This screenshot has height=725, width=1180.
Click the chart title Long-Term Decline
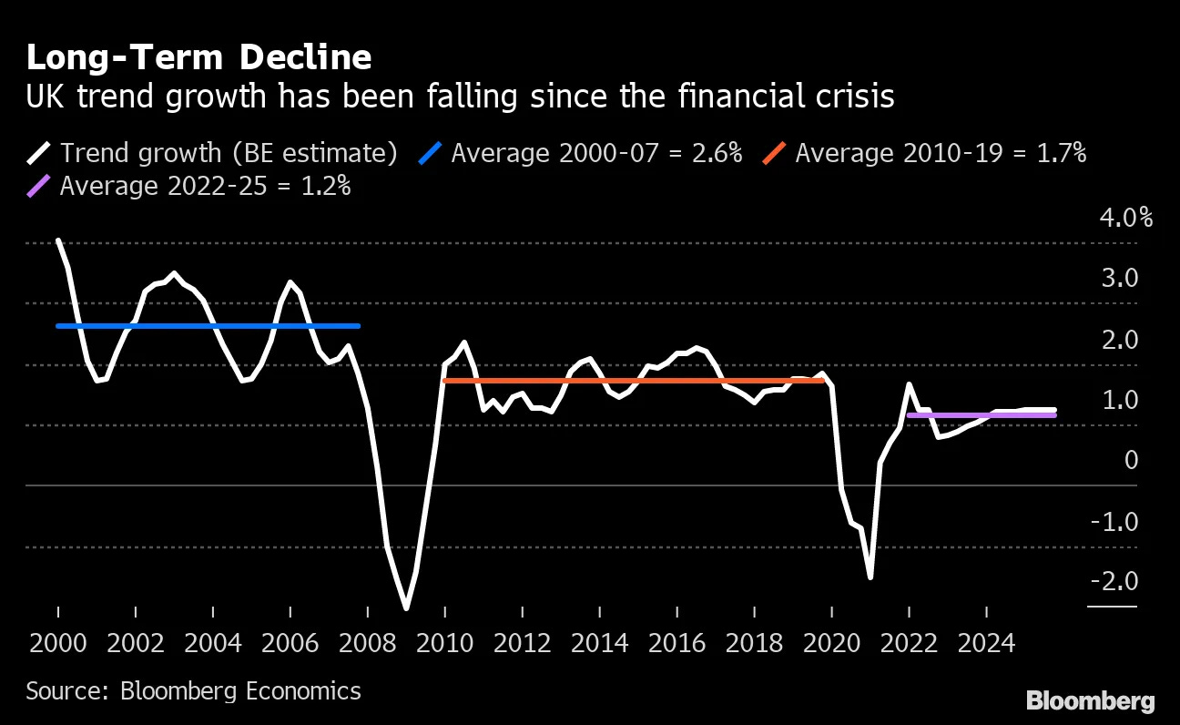(198, 57)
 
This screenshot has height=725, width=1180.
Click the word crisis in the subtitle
(847, 97)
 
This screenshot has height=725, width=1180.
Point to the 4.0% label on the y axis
(1125, 219)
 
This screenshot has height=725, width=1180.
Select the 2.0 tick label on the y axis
(1120, 340)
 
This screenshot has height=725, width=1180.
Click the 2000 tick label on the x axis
(58, 644)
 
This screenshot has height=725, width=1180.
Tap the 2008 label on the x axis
(368, 644)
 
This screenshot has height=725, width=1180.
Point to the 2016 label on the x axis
(677, 644)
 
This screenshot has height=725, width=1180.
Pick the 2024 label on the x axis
(987, 644)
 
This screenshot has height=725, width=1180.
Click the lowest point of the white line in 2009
(406, 608)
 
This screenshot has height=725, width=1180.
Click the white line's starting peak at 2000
(58, 241)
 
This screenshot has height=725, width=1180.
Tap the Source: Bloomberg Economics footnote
(193, 691)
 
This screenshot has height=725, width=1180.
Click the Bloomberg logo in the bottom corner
(1090, 700)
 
